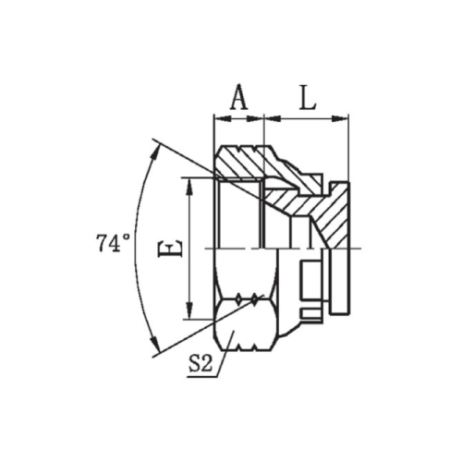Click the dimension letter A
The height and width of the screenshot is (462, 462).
[239, 97]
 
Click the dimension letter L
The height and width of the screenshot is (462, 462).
[308, 97]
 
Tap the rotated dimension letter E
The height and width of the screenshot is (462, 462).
[170, 248]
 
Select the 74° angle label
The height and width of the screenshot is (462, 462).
[113, 243]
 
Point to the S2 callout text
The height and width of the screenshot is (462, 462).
[201, 364]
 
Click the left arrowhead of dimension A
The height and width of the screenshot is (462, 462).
[223, 118]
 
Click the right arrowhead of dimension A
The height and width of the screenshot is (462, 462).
[255, 118]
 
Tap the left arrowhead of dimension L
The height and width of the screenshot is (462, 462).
[273, 118]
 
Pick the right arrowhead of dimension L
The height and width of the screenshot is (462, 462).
[340, 118]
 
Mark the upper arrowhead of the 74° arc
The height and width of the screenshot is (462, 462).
[155, 152]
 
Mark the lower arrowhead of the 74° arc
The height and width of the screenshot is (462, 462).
[154, 344]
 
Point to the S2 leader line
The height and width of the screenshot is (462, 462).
[225, 354]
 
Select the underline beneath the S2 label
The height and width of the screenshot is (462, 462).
[202, 377]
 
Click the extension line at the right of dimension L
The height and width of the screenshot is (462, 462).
[348, 148]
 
